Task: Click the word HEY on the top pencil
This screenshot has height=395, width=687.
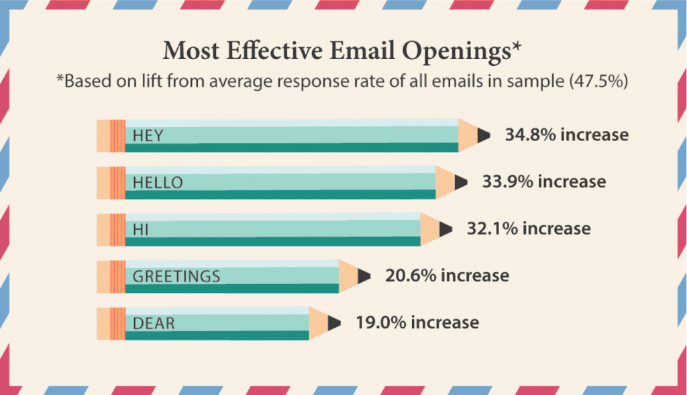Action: pyautogui.click(x=148, y=136)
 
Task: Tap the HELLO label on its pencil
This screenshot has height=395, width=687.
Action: pyautogui.click(x=158, y=183)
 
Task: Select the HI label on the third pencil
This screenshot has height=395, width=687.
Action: pyautogui.click(x=141, y=230)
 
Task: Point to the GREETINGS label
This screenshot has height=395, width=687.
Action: pyautogui.click(x=176, y=277)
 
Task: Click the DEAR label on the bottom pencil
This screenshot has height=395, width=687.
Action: pyautogui.click(x=154, y=324)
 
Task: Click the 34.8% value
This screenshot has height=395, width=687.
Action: pyautogui.click(x=531, y=135)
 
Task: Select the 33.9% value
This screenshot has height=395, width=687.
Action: pyautogui.click(x=508, y=181)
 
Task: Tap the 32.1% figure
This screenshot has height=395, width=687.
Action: pyautogui.click(x=492, y=228)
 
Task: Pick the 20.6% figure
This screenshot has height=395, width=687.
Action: pyautogui.click(x=411, y=275)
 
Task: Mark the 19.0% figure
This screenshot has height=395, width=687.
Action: pyautogui.click(x=381, y=322)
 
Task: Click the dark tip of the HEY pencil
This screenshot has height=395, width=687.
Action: pyautogui.click(x=483, y=136)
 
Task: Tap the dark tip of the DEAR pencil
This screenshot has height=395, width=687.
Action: pyautogui.click(x=333, y=324)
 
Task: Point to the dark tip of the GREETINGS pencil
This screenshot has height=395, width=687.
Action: pyautogui.click(x=363, y=277)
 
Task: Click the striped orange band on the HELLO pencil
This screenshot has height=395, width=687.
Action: pyautogui.click(x=117, y=183)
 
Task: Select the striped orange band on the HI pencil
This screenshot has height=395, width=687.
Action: pyautogui.click(x=117, y=230)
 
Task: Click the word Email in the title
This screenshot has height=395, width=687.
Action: pyautogui.click(x=362, y=50)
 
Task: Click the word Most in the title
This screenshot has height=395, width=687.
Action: pyautogui.click(x=191, y=50)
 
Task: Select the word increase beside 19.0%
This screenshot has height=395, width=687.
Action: pyautogui.click(x=445, y=322)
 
